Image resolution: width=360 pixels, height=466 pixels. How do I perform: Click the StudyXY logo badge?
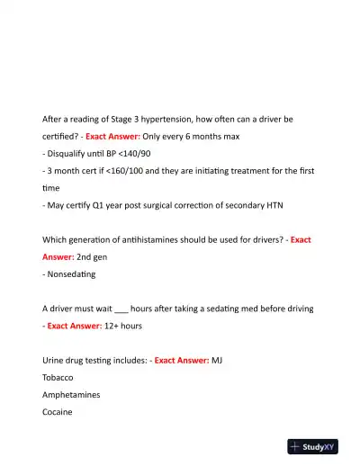point(319,445)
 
